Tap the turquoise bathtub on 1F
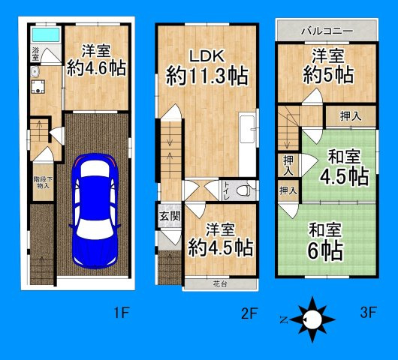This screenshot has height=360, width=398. point(46,34)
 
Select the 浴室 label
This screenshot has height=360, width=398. point(36,54)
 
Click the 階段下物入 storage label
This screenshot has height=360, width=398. point(43,182)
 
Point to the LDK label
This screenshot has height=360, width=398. point(207,56)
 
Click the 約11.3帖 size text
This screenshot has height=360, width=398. point(207,76)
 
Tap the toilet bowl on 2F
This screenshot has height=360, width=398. point(242,190)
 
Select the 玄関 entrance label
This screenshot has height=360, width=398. point(170,216)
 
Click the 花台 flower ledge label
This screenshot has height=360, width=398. point(220,284)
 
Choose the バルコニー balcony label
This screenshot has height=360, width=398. point(327,31)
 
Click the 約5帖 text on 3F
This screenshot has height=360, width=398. point(328,75)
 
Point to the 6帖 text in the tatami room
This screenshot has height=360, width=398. point(326,250)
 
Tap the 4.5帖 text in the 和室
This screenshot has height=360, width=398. point(344,176)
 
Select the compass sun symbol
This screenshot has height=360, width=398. point(312,319)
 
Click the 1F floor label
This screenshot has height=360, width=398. point(122,312)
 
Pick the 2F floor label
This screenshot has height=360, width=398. point(249,313)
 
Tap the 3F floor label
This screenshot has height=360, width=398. point(368,312)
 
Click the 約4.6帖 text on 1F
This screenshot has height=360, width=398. point(96,68)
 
